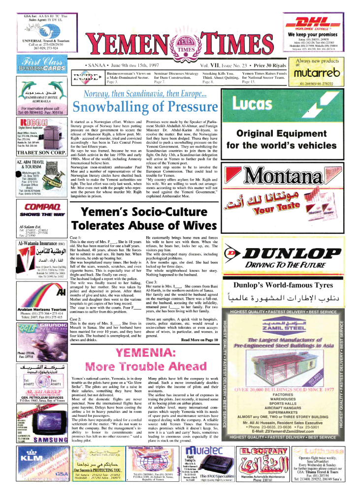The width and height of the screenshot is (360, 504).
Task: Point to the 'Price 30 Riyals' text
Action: (x=269, y=65)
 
